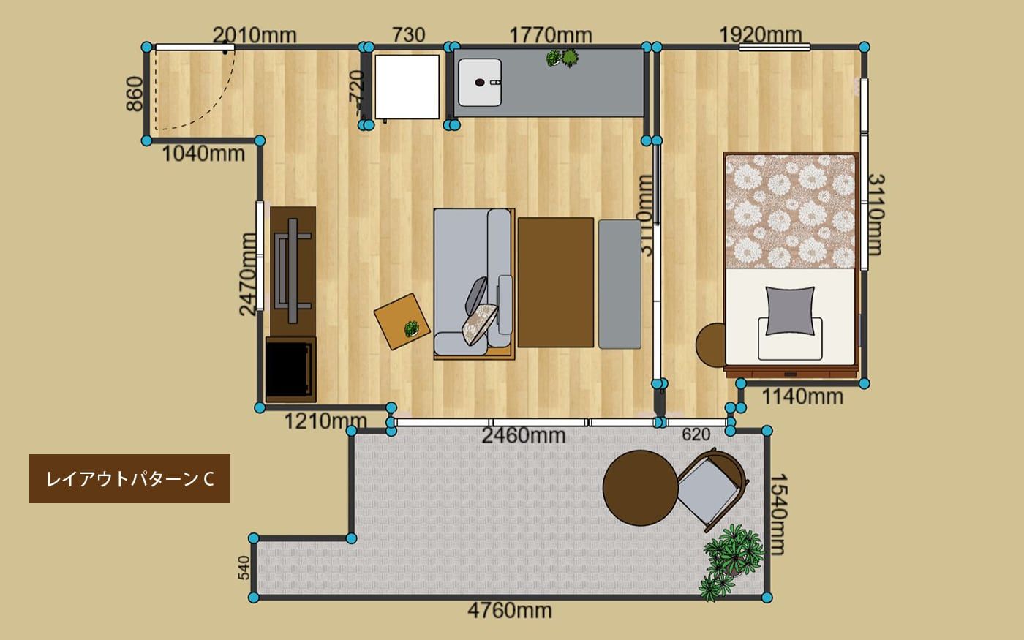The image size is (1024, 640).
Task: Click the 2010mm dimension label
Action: tap(255, 35)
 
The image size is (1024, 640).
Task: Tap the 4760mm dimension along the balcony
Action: tap(510, 611)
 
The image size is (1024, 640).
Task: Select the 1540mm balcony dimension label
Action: tap(778, 515)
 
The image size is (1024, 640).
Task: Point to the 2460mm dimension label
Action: tap(524, 436)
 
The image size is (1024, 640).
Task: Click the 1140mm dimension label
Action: tap(802, 396)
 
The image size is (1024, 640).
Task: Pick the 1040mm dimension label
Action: tap(203, 154)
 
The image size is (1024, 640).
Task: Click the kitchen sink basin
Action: tap(480, 82)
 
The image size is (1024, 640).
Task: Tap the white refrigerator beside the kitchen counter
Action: tap(407, 87)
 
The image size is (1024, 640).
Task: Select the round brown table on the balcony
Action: tap(640, 488)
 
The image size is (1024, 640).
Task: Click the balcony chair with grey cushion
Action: tap(712, 490)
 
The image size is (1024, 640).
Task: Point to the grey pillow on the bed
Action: tap(790, 312)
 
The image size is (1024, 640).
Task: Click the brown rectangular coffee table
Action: tap(555, 282)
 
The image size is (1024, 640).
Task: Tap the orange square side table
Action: tap(402, 321)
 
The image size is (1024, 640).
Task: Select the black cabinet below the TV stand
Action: tap(291, 369)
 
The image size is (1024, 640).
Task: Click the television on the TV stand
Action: tap(293, 270)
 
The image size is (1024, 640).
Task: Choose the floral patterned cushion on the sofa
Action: tap(479, 323)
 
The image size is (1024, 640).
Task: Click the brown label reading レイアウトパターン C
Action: tap(130, 478)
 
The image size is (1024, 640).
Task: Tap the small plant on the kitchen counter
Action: tap(562, 58)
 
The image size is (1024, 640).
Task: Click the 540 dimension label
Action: tap(244, 568)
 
